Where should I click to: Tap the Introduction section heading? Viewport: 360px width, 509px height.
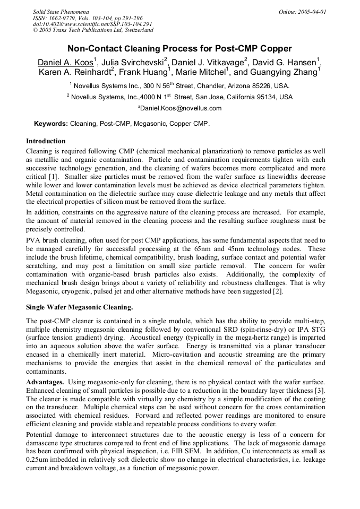pos(46,141)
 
